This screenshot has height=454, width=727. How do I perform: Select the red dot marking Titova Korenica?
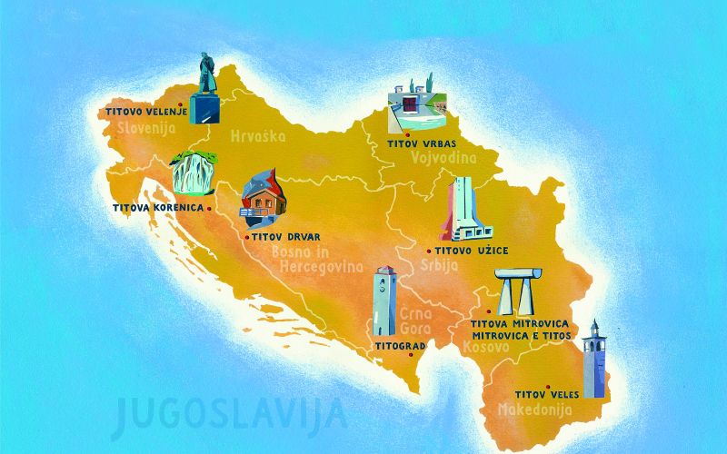click(210, 208)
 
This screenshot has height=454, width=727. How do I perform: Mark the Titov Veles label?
click(543, 395)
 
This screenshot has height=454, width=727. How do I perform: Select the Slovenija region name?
click(145, 128)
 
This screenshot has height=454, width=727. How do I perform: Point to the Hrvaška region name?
click(258, 136)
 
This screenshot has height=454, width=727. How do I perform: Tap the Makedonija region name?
click(534, 410)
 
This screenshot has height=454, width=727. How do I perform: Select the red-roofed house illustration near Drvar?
click(262, 197)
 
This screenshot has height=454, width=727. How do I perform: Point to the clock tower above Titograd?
click(384, 301)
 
